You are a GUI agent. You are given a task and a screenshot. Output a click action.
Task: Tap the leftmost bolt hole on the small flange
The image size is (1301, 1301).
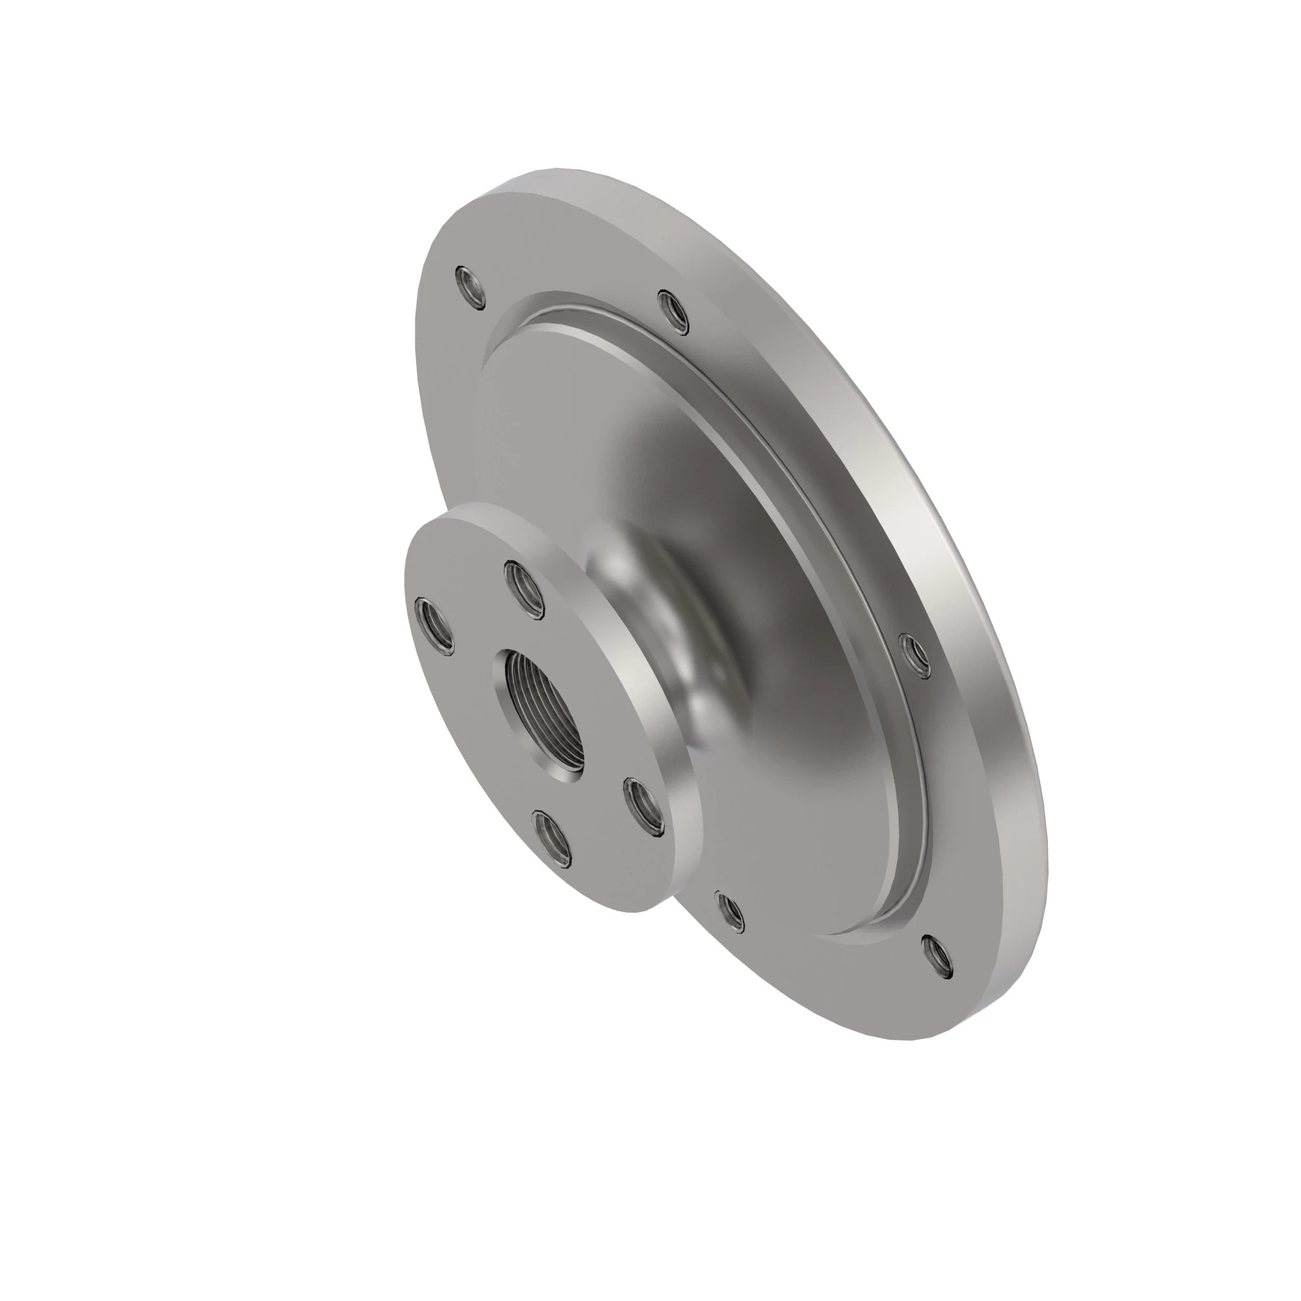click(x=435, y=626)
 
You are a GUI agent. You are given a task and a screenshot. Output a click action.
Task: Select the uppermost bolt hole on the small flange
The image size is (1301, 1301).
click(x=524, y=591)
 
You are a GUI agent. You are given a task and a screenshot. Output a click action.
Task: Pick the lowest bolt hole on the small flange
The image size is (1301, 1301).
click(x=554, y=837)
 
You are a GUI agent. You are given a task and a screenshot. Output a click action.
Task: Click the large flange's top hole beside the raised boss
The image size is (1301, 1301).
click(x=673, y=312)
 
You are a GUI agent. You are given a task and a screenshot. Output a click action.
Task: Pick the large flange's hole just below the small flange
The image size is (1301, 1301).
click(x=730, y=912)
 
